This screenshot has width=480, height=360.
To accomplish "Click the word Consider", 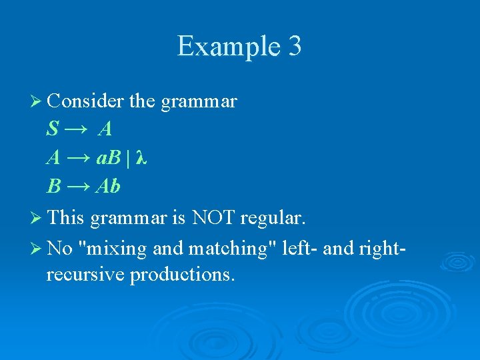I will point(85,101).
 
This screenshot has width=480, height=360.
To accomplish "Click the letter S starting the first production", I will point(53,129).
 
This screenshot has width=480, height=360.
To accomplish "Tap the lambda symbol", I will point(140,158).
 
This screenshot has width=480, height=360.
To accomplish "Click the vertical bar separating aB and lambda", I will point(127,158).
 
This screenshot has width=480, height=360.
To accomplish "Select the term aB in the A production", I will point(108,158).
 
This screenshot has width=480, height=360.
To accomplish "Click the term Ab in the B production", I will point(108,187).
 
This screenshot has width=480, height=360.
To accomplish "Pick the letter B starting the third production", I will point(53,187).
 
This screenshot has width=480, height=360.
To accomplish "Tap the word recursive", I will point(85,274).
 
